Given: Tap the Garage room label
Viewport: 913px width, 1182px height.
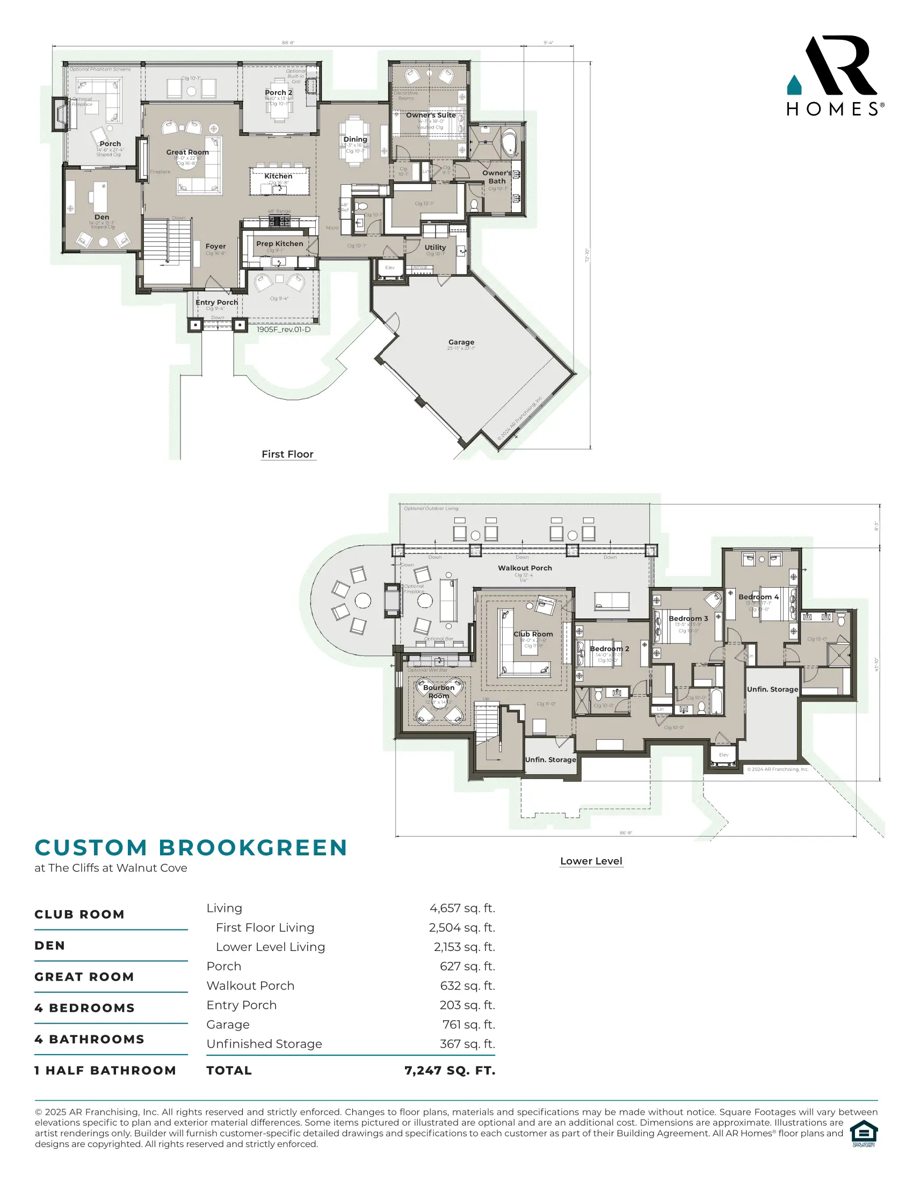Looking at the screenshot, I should [461, 342].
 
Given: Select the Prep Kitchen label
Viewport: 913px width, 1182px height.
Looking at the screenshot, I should [279, 243].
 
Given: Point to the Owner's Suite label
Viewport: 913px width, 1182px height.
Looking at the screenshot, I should [431, 115].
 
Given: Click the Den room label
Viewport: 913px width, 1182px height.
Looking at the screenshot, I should [102, 217].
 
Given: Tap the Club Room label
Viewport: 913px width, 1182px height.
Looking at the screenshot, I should [533, 634].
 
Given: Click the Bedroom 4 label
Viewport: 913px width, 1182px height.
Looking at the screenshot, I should [758, 597].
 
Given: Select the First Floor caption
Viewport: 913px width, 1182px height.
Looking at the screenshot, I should [287, 454].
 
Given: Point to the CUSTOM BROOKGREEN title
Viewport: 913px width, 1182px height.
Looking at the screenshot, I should [191, 848].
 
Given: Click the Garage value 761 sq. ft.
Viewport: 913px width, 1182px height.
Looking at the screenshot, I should [468, 1025].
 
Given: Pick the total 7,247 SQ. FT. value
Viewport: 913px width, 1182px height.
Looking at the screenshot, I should [450, 1070].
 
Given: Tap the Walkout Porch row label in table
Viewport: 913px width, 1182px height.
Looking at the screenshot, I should [250, 985].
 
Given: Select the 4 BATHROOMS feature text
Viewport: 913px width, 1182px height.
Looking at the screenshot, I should [89, 1039].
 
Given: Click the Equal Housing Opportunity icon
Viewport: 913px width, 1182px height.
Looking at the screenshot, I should [863, 1133].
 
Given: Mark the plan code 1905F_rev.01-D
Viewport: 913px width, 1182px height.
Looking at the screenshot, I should [284, 329].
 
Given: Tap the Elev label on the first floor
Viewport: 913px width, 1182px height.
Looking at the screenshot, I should [389, 268].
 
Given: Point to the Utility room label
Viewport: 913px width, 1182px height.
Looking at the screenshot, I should [435, 247].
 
